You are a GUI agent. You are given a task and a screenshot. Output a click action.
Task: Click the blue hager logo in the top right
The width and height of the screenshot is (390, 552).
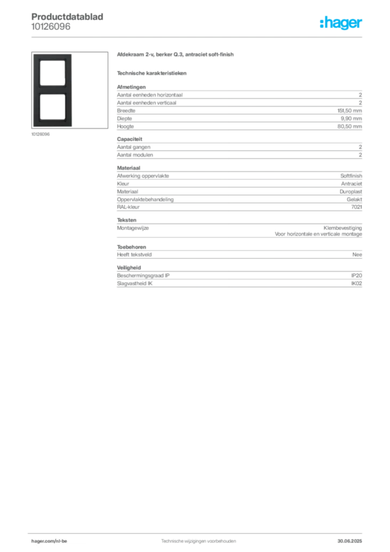[342, 24]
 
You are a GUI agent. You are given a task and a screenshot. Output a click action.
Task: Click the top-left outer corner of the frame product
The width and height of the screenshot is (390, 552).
[33, 53]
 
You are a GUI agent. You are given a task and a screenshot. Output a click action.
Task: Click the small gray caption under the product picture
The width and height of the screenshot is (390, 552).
[41, 134]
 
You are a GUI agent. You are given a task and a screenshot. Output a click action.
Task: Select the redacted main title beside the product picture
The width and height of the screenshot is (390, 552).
[176, 56]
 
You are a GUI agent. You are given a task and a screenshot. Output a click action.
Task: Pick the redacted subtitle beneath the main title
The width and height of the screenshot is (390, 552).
[152, 73]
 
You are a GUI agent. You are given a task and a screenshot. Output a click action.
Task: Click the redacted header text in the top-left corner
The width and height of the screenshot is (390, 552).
[68, 15]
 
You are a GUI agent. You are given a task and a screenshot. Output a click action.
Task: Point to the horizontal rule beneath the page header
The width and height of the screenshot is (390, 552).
[198, 37]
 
